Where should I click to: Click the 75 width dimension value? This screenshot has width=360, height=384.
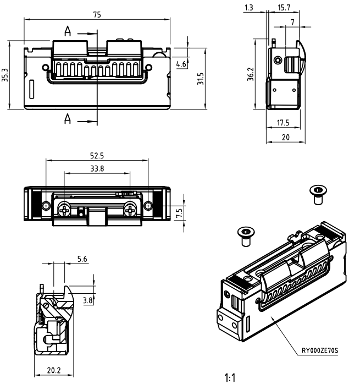tap(97, 15)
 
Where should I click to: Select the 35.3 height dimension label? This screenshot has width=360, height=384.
tap(5, 75)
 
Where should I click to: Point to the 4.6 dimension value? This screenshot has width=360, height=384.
tap(180, 64)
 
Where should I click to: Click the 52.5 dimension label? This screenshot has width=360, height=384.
tap(97, 156)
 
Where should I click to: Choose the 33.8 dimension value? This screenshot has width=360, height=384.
tap(97, 168)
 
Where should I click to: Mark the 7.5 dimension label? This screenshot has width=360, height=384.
tap(179, 213)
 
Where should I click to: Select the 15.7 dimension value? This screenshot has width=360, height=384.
tap(285, 8)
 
